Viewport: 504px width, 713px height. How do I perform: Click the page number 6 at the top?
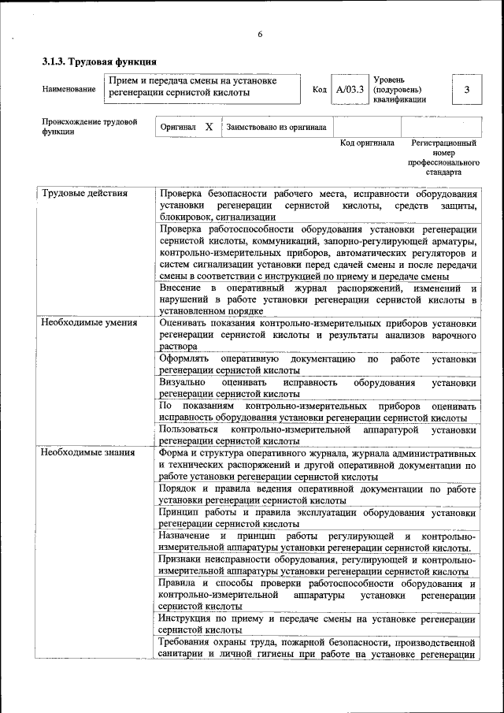coord(258,34)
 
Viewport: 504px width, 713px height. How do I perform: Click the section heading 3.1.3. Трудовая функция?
coord(98,61)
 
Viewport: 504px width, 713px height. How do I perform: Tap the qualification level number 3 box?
coord(466,90)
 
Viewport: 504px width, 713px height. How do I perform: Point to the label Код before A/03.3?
coord(320,90)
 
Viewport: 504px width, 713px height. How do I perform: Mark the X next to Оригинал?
coord(209,126)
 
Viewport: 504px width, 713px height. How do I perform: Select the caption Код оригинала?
coord(367,143)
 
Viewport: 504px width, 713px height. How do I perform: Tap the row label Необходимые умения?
coord(89,322)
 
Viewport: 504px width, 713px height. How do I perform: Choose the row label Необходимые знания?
coord(87,453)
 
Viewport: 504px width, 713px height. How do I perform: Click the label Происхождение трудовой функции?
coord(90,126)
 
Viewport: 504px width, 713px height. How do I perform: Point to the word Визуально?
coord(182,383)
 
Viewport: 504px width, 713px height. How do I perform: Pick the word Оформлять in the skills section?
coord(184,359)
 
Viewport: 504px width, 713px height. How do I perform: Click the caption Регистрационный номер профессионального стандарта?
coord(443,158)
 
